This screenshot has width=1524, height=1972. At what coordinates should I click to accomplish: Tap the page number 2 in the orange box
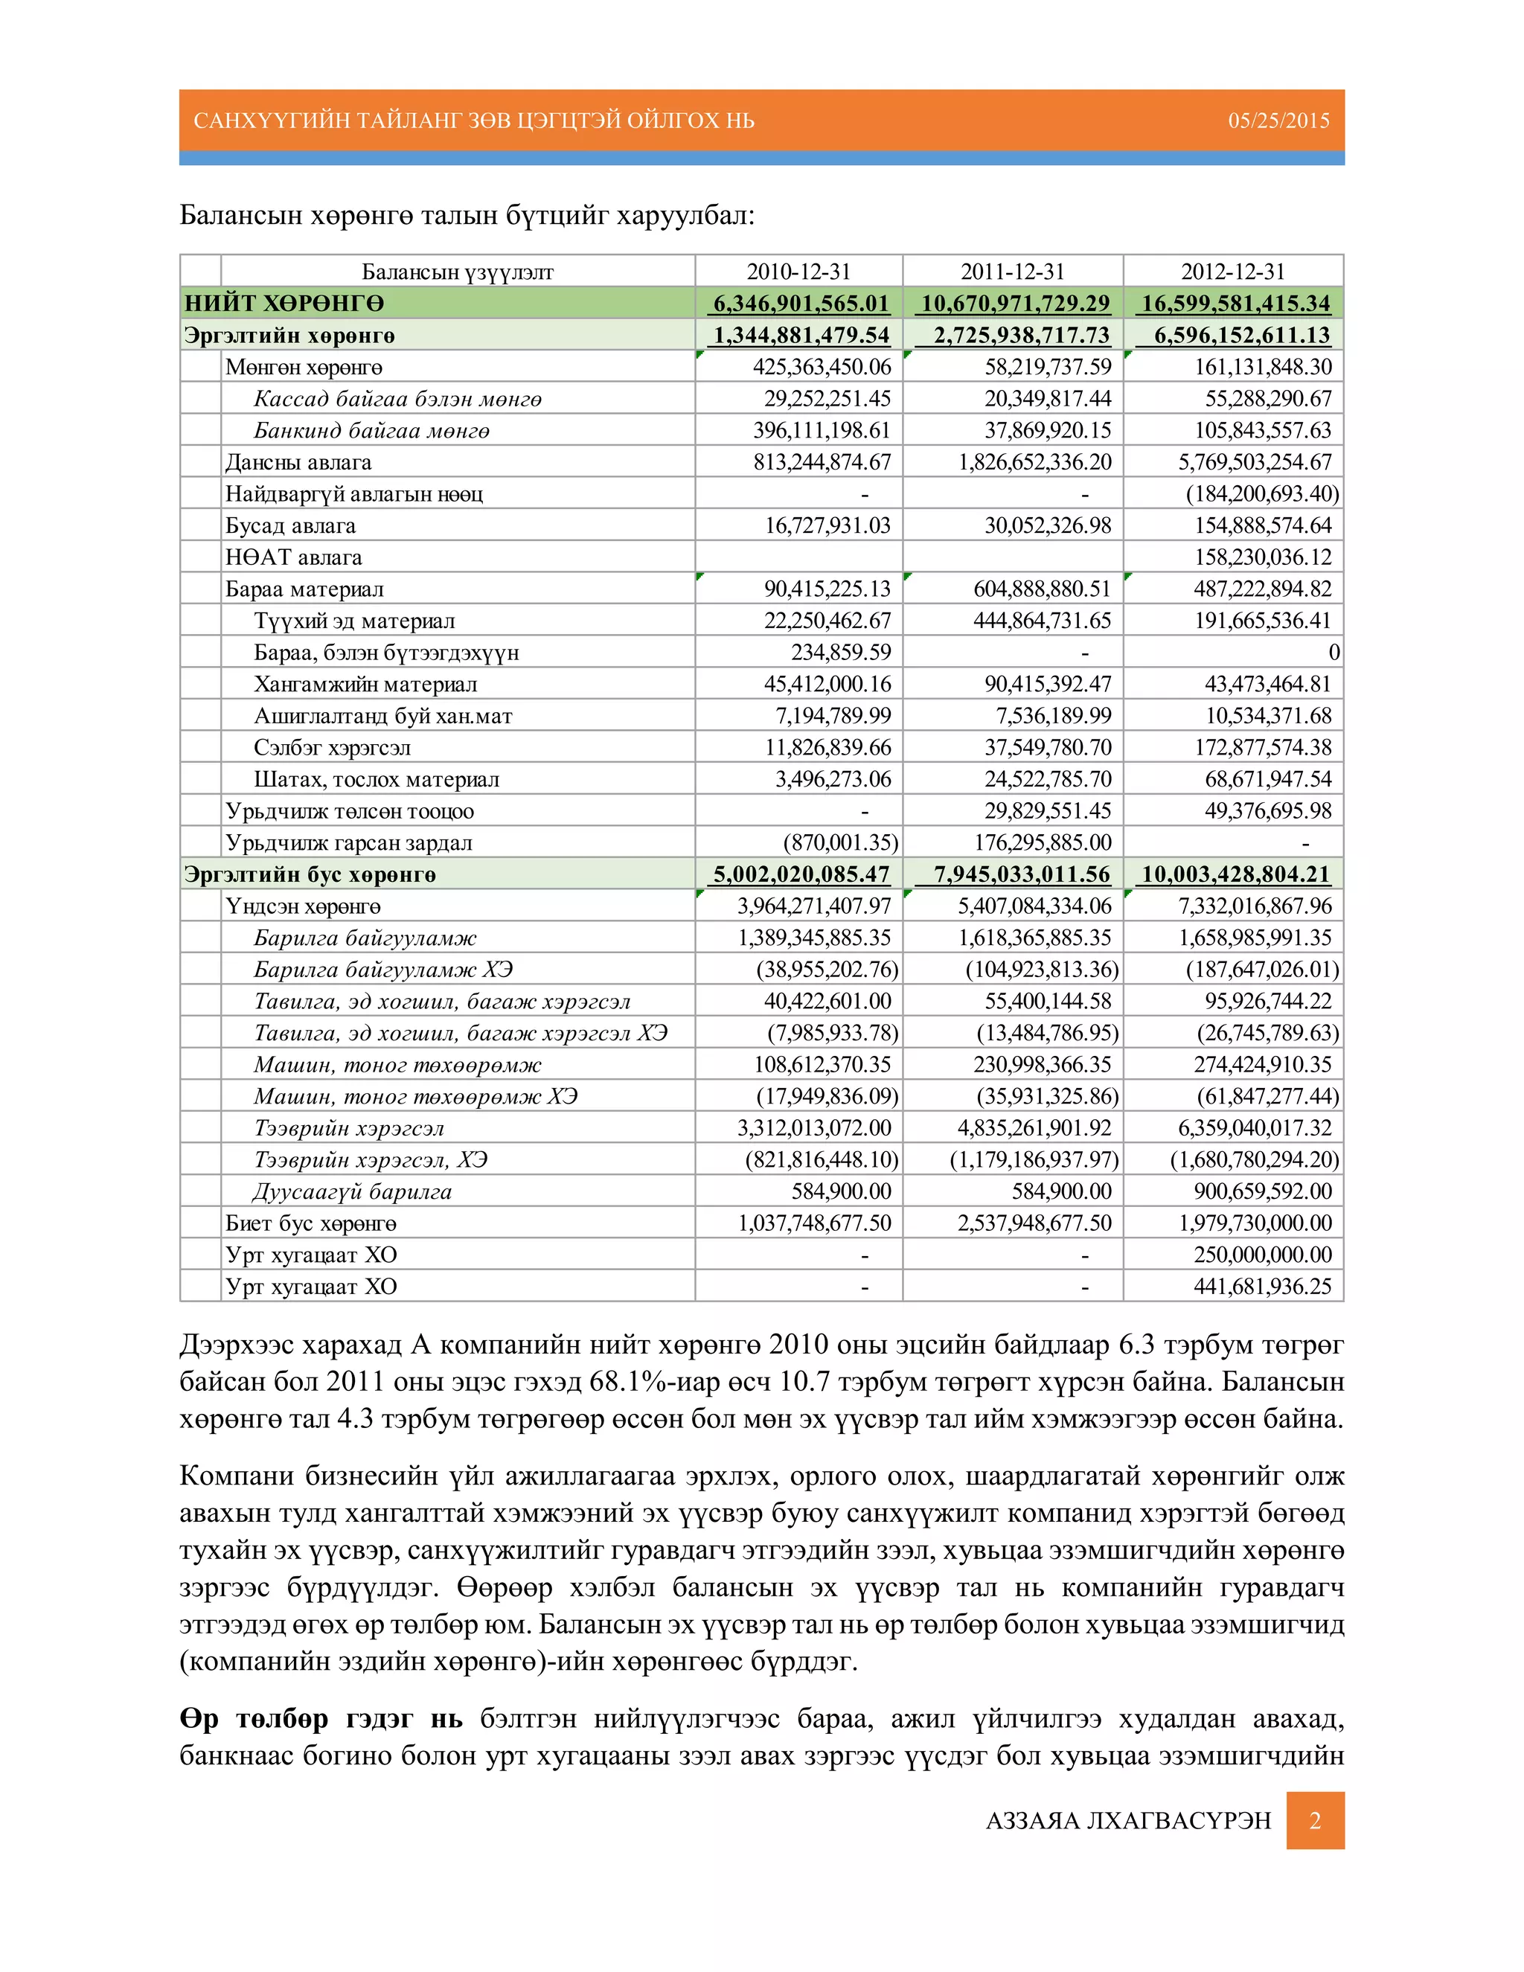(1315, 1820)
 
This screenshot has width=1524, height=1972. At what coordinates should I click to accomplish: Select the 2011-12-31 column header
(1012, 272)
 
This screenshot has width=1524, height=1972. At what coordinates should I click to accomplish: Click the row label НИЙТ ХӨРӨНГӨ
(284, 304)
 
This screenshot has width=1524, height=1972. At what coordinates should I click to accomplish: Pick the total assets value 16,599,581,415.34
(1235, 304)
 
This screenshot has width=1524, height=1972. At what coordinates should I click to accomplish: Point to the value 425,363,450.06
(822, 367)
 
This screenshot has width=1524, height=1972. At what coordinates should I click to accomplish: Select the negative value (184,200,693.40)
(1261, 494)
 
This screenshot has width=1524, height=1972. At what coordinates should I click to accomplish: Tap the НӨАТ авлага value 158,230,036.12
(1262, 557)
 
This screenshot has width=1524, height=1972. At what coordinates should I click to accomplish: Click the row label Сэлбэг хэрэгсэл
(331, 748)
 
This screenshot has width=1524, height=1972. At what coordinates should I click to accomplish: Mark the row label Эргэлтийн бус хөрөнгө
(310, 874)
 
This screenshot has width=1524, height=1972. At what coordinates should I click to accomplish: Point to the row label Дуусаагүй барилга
(352, 1192)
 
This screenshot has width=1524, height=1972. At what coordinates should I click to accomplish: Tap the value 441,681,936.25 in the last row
(1261, 1287)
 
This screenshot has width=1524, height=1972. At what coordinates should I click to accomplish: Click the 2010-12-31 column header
(798, 272)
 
